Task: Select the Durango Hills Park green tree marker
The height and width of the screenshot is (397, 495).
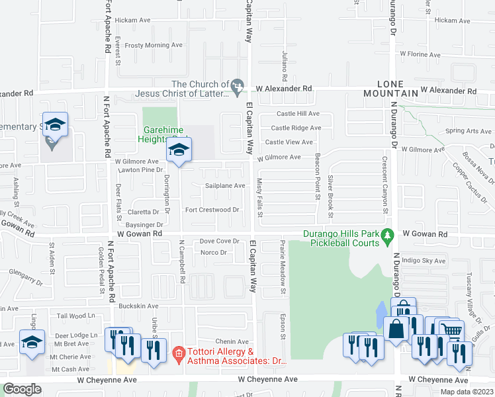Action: point(389,235)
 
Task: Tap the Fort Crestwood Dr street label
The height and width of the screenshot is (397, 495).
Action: point(212,210)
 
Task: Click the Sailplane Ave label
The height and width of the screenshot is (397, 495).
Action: point(224,186)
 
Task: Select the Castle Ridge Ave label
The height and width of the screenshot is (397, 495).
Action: point(296,128)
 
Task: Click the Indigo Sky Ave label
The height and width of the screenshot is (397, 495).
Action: point(424,261)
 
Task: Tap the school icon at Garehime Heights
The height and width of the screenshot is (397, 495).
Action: point(179,150)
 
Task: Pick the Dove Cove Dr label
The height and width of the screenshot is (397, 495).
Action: point(219,242)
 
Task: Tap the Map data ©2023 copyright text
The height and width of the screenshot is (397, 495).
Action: point(467,392)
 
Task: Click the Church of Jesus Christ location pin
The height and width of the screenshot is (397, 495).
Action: point(238,87)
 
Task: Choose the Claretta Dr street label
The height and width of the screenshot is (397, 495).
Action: point(144,212)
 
